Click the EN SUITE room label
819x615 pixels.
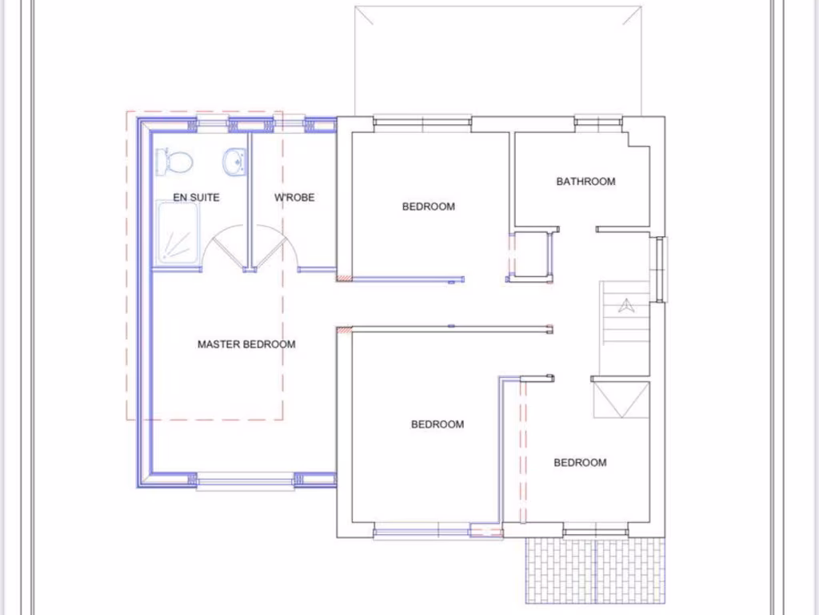[x=196, y=198]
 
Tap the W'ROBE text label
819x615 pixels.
[x=294, y=198]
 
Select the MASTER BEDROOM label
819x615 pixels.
[x=246, y=344]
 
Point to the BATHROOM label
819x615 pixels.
[x=586, y=182]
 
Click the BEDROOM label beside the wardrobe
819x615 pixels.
[x=428, y=207]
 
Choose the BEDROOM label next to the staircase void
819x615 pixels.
[x=580, y=463]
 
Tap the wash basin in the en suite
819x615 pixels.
[x=235, y=162]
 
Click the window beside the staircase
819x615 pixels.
[x=660, y=269]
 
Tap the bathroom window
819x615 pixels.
[x=598, y=122]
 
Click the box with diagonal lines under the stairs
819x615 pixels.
[x=621, y=400]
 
